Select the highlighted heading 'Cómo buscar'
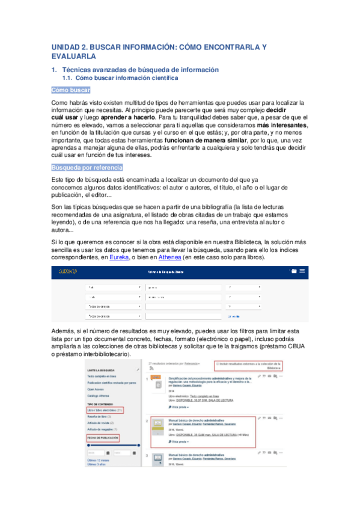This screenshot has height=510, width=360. pos(71,90)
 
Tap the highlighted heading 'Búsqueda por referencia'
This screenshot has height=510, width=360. pos(88,167)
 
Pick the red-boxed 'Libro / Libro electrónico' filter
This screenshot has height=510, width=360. pos(105,410)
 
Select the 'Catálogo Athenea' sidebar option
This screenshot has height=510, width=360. pos(99,396)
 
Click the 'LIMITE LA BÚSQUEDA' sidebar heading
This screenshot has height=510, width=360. pos(100,369)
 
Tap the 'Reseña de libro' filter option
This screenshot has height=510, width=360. pos(98,416)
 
